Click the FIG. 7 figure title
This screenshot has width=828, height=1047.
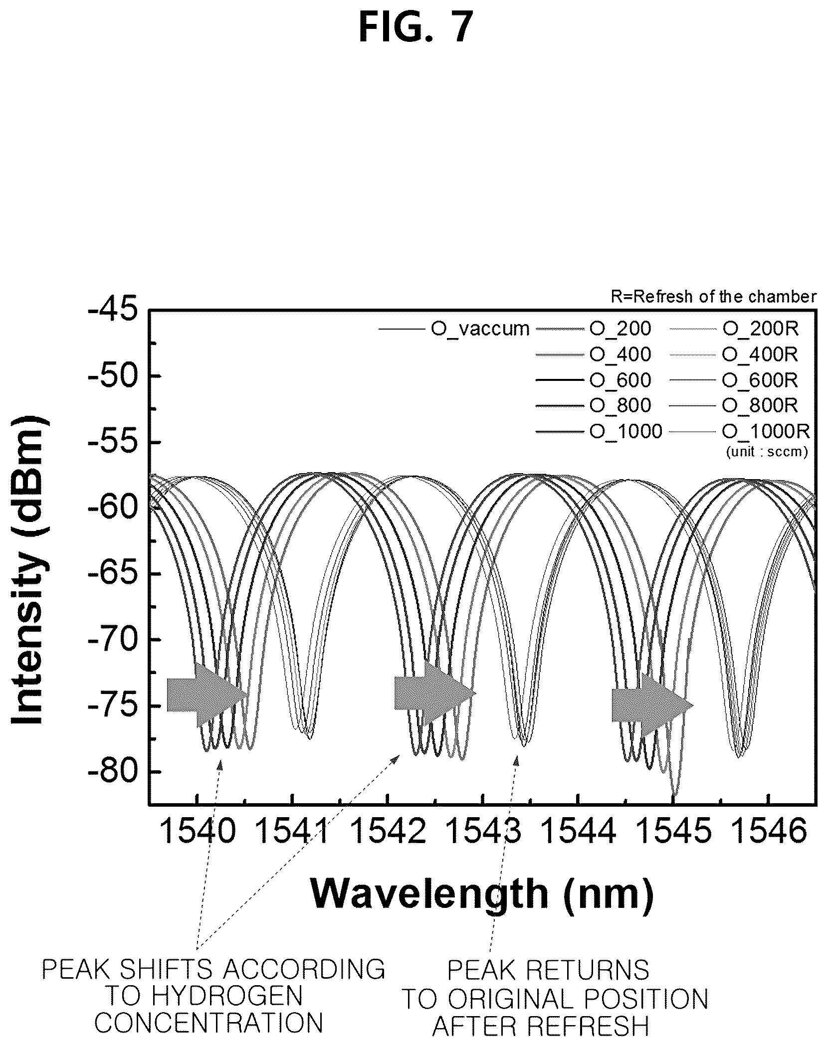pos(415,29)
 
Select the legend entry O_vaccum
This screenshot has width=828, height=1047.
pos(454,329)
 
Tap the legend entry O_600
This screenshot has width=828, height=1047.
pos(594,380)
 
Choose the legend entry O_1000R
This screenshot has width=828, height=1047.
pos(740,431)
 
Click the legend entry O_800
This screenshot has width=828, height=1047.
pos(594,405)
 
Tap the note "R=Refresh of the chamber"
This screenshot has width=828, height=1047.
pos(714,297)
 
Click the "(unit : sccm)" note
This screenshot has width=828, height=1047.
pos(767,452)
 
